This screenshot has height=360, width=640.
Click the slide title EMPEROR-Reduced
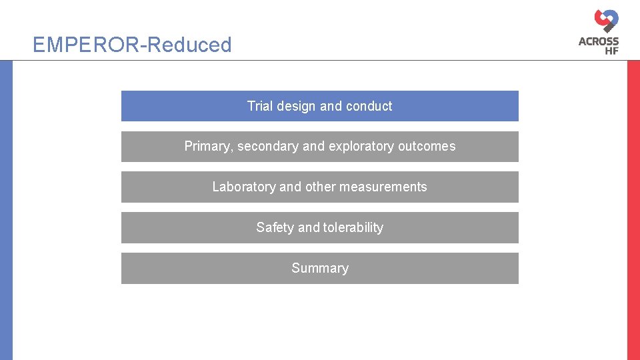pyautogui.click(x=132, y=45)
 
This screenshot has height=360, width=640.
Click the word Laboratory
pyautogui.click(x=244, y=187)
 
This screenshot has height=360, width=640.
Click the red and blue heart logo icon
pyautogui.click(x=607, y=20)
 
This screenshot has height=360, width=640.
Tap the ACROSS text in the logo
pyautogui.click(x=599, y=41)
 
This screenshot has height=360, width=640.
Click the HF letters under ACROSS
pyautogui.click(x=609, y=51)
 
